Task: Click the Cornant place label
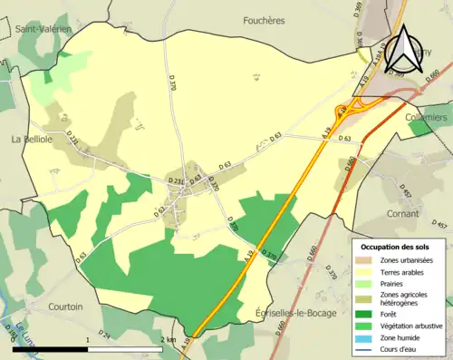(x=402, y=214)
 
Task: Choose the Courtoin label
(x=65, y=306)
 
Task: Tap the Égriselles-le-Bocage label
(x=296, y=313)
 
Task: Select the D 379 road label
(x=332, y=270)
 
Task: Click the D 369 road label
(x=356, y=11)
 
